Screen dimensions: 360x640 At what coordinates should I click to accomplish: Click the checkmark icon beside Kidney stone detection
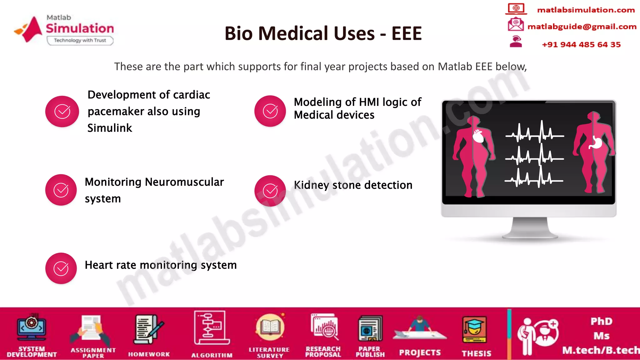270,191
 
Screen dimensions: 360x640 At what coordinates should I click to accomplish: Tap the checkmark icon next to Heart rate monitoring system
61,268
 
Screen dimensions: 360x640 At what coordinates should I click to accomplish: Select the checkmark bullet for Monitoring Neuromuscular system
61,190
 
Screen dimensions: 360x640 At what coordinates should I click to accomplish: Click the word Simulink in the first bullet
110,128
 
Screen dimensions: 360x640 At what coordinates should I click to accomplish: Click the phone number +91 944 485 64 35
581,44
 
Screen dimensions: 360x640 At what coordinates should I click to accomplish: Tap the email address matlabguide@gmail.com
582,27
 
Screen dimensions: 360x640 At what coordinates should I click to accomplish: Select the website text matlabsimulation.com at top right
586,10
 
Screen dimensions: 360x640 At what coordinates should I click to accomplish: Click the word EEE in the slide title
407,33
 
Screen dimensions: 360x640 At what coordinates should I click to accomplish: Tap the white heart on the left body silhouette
478,136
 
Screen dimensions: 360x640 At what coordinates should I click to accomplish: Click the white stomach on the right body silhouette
596,143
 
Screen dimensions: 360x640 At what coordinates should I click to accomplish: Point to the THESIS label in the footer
477,353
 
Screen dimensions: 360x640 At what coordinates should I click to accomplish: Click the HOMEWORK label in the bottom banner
149,354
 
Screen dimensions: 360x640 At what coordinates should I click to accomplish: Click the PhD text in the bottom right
601,321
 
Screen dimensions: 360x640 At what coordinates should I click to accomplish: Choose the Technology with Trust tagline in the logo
80,40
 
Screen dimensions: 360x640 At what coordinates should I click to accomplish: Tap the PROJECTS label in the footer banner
420,352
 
